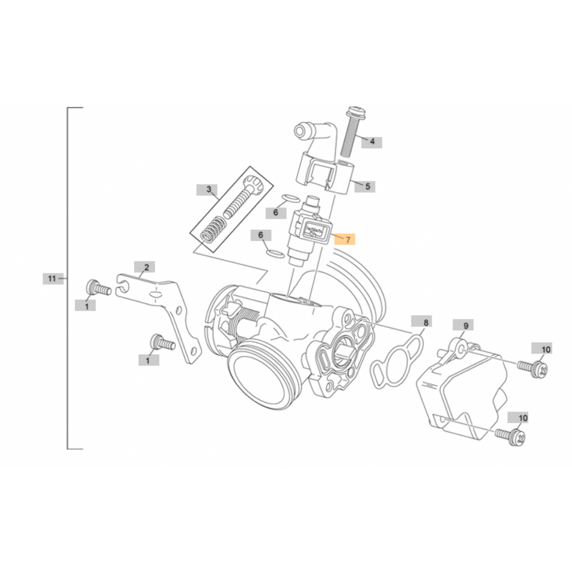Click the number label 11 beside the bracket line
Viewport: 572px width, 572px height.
coord(52,278)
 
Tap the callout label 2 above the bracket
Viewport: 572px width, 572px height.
coord(146,267)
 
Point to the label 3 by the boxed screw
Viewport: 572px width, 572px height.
coord(209,190)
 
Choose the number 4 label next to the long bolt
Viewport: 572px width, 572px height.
coord(372,141)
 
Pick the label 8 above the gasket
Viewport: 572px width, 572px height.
coord(425,321)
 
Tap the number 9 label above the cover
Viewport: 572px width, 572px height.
coord(466,326)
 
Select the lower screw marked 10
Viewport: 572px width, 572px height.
coord(511,436)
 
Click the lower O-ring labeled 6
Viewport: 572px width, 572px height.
coord(274,253)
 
